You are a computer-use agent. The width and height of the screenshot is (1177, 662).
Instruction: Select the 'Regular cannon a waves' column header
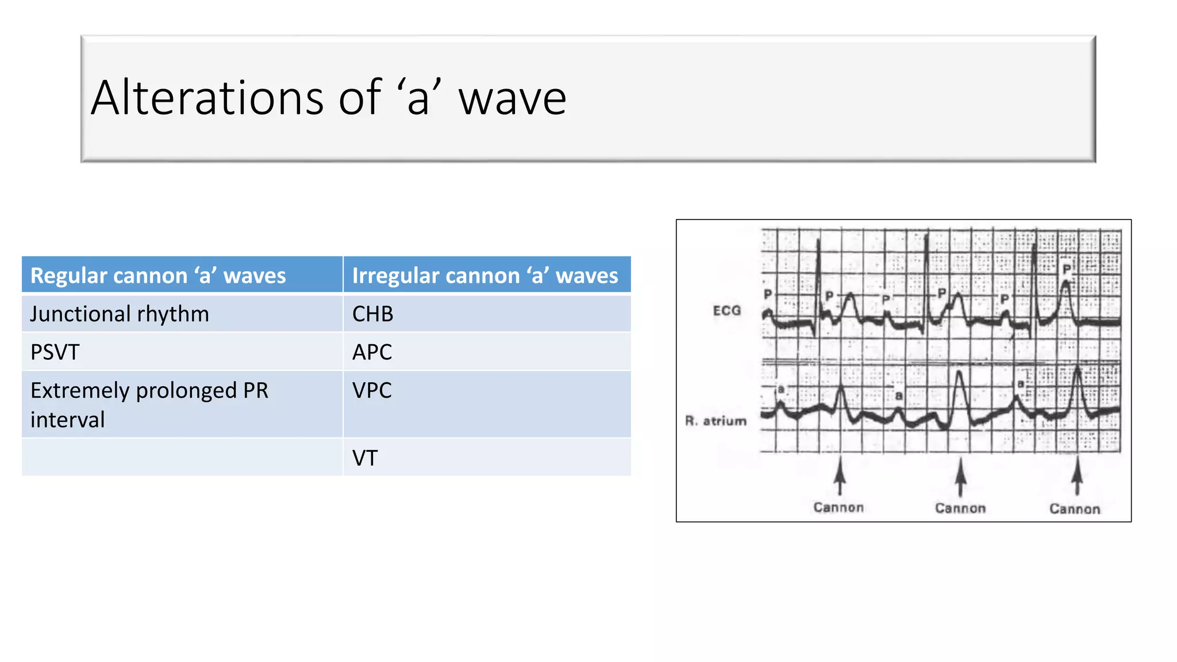point(158,276)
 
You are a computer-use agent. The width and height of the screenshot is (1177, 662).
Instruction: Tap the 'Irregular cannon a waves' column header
point(485,276)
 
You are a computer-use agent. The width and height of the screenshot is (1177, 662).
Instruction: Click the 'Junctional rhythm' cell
point(120,314)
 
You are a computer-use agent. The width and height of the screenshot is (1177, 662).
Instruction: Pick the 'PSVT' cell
point(55,352)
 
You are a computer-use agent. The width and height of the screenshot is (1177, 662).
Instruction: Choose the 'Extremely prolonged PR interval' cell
point(149,405)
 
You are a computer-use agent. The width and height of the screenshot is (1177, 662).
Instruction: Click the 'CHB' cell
point(373,314)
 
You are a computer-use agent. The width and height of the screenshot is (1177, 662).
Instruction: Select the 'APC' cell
point(372,352)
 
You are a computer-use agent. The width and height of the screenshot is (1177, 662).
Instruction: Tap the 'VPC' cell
point(372,391)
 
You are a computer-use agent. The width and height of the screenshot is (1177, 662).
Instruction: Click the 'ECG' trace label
point(727,311)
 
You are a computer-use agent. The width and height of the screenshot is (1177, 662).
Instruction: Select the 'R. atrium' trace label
point(716,421)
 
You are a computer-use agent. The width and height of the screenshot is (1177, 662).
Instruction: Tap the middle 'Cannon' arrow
point(960,477)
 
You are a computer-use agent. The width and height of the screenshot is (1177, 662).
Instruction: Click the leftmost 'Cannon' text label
point(838,507)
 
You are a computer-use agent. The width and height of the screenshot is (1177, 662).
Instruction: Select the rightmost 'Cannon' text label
point(1075,509)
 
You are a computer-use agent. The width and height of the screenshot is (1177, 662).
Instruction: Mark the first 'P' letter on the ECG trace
point(768,294)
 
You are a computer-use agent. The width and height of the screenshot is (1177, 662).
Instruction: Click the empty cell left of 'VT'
point(182,457)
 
